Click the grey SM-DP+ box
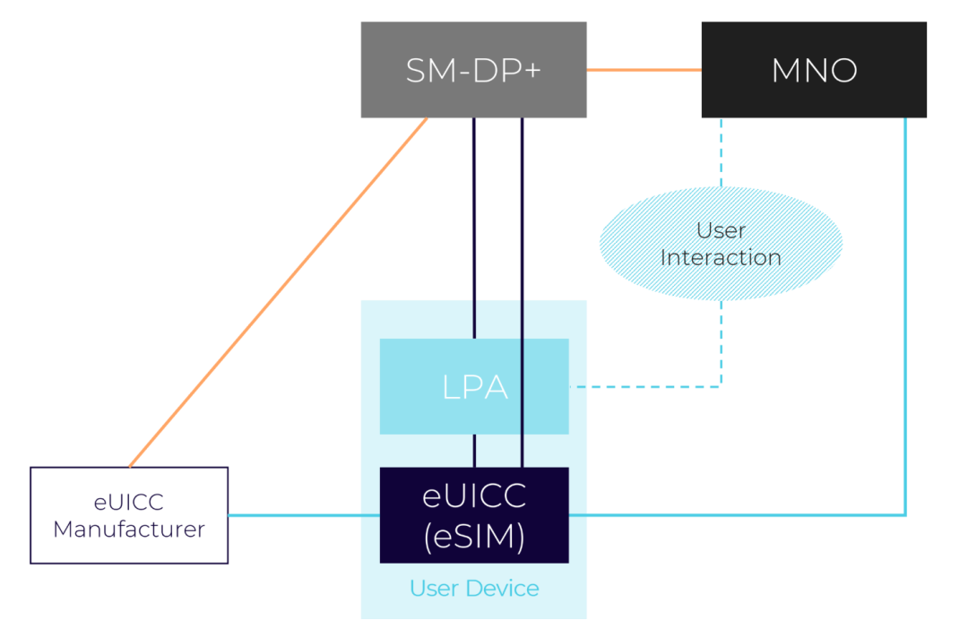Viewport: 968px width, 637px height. tap(473, 70)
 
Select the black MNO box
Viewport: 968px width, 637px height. tap(814, 70)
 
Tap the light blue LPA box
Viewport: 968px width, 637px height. tap(474, 386)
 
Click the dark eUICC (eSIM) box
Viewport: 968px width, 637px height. tap(474, 515)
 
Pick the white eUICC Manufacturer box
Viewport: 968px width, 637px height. tap(129, 515)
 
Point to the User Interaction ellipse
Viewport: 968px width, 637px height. tap(721, 245)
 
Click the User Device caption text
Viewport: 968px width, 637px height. tap(474, 588)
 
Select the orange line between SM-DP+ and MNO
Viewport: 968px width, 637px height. tap(644, 69)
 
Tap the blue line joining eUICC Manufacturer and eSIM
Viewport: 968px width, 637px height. tap(304, 515)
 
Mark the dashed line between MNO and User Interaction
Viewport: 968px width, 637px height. tap(722, 152)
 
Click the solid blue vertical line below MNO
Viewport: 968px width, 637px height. tap(905, 314)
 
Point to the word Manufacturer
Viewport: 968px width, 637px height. tap(129, 529)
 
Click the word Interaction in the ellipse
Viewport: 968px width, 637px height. tap(721, 258)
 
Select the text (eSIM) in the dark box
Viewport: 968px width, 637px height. tap(474, 536)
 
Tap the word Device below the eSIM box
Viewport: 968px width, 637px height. tap(507, 588)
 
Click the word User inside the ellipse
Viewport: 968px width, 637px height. tap(721, 231)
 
